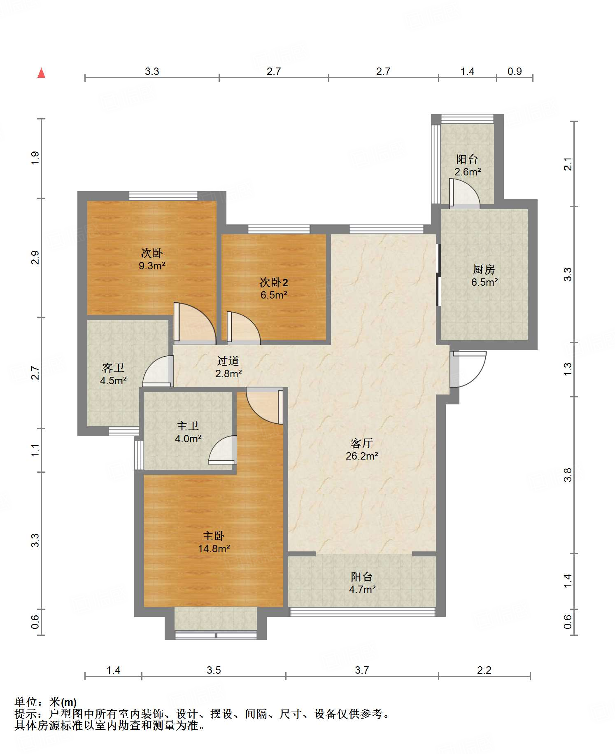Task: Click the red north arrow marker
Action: (41, 73)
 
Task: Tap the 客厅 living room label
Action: (361, 443)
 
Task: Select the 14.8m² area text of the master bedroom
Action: (214, 549)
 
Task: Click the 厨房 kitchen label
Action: (484, 269)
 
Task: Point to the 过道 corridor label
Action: (228, 361)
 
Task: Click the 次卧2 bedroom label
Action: (274, 282)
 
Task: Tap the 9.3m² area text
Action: (152, 266)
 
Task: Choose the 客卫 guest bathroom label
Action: (113, 368)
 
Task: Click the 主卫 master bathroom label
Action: (188, 426)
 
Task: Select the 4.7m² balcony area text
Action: (362, 589)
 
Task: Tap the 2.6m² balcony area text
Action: (468, 172)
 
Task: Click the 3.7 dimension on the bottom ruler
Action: (362, 670)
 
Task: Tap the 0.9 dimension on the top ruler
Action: (515, 71)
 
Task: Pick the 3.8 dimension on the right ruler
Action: (568, 475)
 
